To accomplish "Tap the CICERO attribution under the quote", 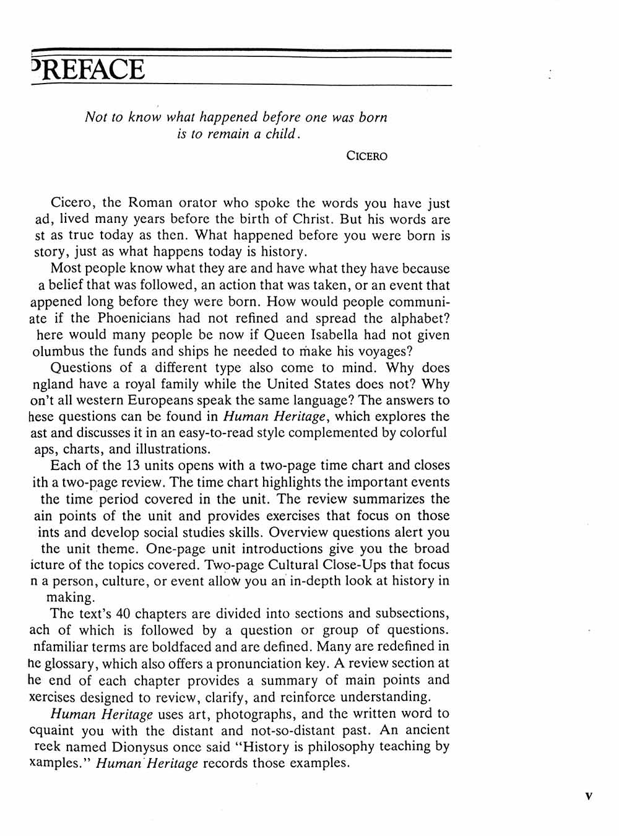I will point(367,156).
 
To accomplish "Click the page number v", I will point(588,795).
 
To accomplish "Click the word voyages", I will point(377,351).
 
